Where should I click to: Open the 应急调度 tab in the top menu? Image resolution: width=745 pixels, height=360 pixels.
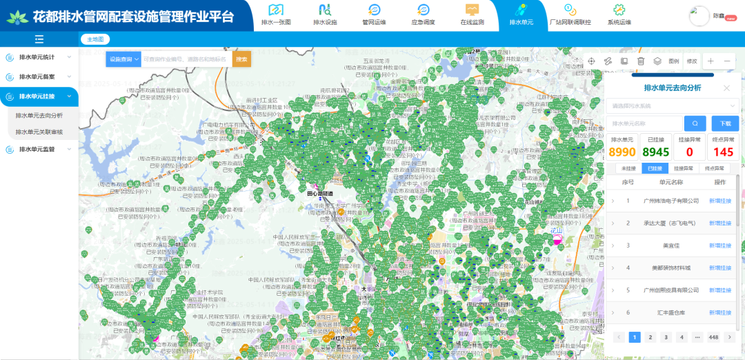click(x=424, y=14)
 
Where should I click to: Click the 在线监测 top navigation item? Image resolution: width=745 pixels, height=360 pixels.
click(x=472, y=14)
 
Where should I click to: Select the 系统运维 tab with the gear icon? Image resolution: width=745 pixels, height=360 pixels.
click(x=619, y=14)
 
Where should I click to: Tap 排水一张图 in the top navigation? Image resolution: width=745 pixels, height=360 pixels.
click(x=277, y=14)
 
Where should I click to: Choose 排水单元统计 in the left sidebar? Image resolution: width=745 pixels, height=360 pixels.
click(x=39, y=57)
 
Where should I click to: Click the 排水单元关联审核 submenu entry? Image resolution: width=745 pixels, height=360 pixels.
click(x=39, y=132)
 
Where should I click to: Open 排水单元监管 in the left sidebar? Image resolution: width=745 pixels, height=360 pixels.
click(x=39, y=149)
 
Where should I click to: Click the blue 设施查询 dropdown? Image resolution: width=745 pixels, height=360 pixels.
click(x=123, y=59)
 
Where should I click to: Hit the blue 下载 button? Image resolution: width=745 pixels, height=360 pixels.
click(x=725, y=123)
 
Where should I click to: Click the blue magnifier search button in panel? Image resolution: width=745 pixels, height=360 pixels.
click(x=695, y=123)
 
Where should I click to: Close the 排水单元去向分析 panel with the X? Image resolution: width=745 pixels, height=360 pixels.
click(x=726, y=88)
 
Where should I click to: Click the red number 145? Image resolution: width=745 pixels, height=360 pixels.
click(x=724, y=152)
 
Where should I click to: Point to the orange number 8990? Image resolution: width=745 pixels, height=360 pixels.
click(x=622, y=152)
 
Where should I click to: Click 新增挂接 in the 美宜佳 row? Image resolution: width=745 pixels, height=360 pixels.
click(x=720, y=246)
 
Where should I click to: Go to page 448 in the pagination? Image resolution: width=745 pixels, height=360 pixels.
click(x=713, y=337)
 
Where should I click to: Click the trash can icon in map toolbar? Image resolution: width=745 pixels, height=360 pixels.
click(x=641, y=61)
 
